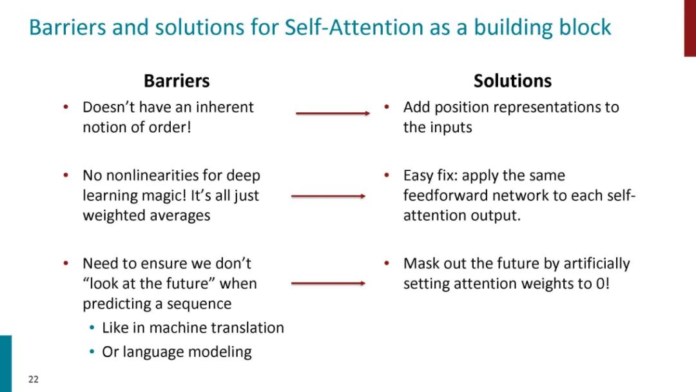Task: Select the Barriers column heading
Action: [x=177, y=81]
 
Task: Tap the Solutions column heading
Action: [x=512, y=81]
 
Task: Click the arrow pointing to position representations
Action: [x=333, y=113]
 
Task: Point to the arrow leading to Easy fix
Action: [x=328, y=195]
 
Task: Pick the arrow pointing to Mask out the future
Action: [x=328, y=283]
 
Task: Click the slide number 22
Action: [x=34, y=379]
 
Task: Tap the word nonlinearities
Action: [x=142, y=175]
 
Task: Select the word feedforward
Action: [x=444, y=195]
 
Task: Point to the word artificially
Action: [x=597, y=264]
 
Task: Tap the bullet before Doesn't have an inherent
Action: [x=66, y=107]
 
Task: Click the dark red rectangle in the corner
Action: [x=690, y=28]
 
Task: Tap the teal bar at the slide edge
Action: [x=5, y=363]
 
